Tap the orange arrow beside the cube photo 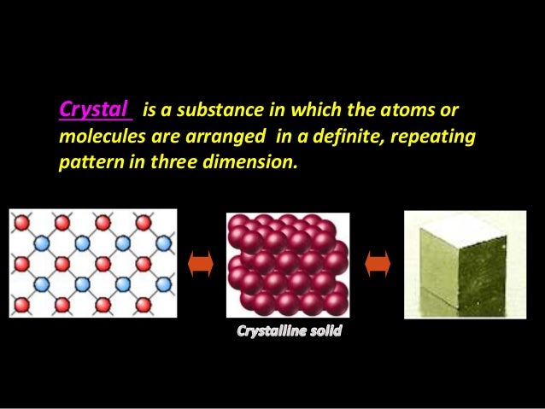point(377,266)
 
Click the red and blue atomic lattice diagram point(93,263)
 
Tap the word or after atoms point(450,111)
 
